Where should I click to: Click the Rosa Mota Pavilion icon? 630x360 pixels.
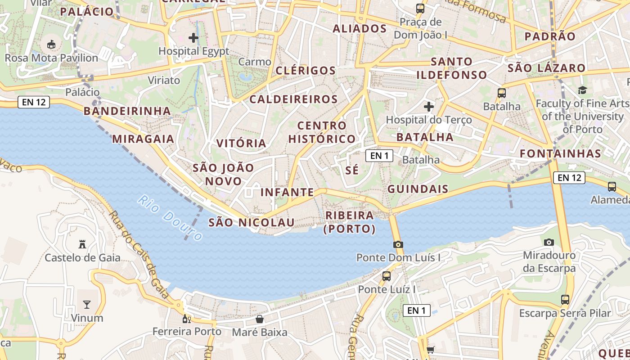pyautogui.click(x=51, y=45)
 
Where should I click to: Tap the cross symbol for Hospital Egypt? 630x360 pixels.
pyautogui.click(x=193, y=38)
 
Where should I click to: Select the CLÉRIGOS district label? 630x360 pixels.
pyautogui.click(x=306, y=71)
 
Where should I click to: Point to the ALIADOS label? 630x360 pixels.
pyautogui.click(x=360, y=29)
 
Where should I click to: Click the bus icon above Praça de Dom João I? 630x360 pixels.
pyautogui.click(x=420, y=8)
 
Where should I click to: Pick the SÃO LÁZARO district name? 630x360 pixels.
pyautogui.click(x=547, y=68)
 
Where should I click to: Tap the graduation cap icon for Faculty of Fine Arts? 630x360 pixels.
pyautogui.click(x=583, y=90)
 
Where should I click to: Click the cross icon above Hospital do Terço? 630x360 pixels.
pyautogui.click(x=429, y=107)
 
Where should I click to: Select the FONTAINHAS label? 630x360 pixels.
pyautogui.click(x=561, y=153)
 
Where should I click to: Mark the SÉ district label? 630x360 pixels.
pyautogui.click(x=352, y=170)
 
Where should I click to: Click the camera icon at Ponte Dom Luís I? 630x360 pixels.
pyautogui.click(x=398, y=245)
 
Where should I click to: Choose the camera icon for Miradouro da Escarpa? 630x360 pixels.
pyautogui.click(x=549, y=242)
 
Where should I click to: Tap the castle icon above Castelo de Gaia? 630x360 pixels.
pyautogui.click(x=82, y=244)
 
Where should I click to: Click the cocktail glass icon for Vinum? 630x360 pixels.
pyautogui.click(x=87, y=305)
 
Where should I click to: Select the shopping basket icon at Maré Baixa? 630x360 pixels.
pyautogui.click(x=260, y=319)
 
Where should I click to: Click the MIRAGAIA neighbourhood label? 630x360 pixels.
pyautogui.click(x=143, y=139)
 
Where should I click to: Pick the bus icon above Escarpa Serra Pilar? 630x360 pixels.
pyautogui.click(x=565, y=299)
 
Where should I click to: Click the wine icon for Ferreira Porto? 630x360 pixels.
pyautogui.click(x=186, y=319)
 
